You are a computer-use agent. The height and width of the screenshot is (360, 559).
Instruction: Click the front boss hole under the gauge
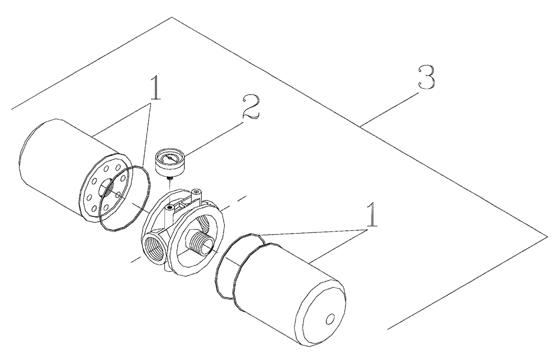(x=168, y=208)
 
